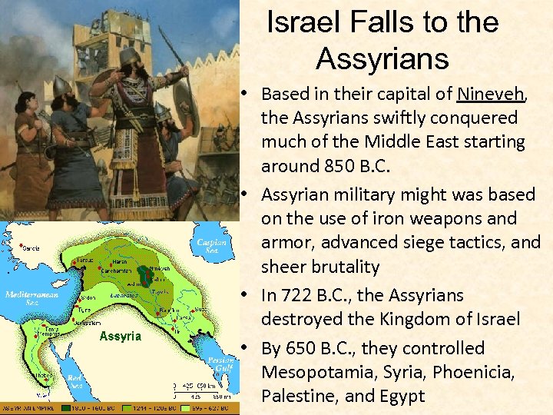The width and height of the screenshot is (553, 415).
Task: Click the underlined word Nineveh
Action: click(x=490, y=95)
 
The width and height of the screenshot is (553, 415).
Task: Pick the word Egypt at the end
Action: click(x=396, y=397)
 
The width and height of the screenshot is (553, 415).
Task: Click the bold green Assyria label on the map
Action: click(x=121, y=337)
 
